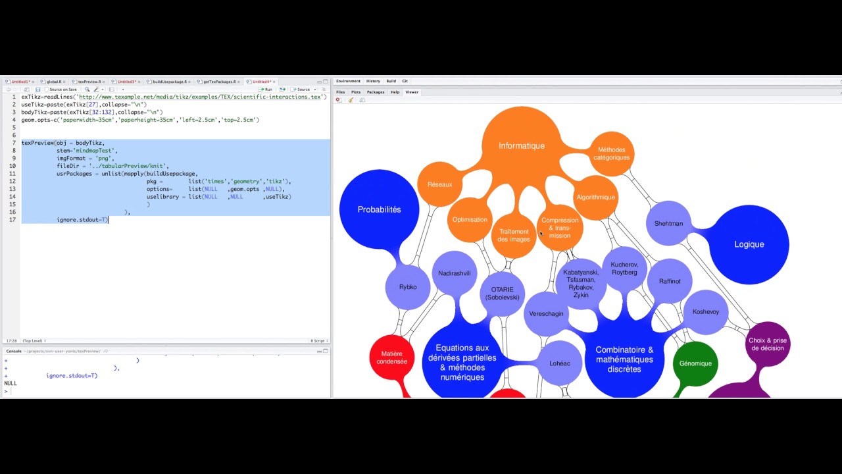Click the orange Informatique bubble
(x=521, y=145)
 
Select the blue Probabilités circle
(x=379, y=209)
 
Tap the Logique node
(x=749, y=244)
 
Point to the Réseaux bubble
(x=439, y=184)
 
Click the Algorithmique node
(x=595, y=197)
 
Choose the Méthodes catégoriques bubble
(x=612, y=153)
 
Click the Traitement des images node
(x=514, y=235)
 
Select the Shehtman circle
(x=668, y=224)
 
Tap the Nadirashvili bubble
(x=455, y=273)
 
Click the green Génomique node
(x=695, y=363)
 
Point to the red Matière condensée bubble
(x=391, y=357)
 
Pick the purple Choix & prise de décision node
(x=767, y=344)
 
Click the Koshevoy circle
(x=705, y=311)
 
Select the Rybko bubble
(x=408, y=287)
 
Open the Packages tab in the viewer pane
(x=376, y=92)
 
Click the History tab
(x=373, y=81)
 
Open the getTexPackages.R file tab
(x=219, y=82)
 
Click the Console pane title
(x=14, y=351)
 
